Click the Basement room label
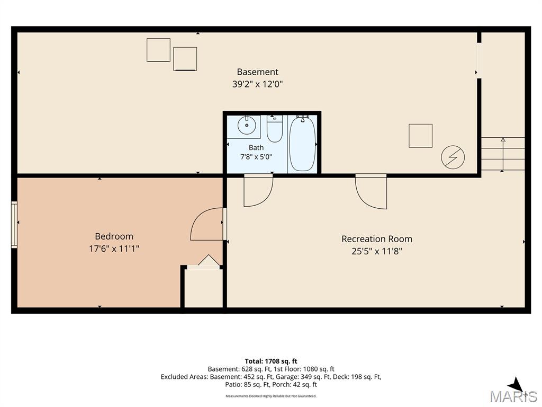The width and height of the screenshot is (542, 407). (x=258, y=72)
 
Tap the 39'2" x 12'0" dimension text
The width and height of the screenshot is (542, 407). (x=258, y=84)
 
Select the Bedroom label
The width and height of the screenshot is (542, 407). (x=114, y=236)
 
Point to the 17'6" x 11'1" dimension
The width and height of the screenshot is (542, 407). (x=114, y=249)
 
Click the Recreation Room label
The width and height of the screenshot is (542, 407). (x=377, y=239)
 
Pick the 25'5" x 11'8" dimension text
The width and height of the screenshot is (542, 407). (x=377, y=251)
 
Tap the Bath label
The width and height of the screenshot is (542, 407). (x=256, y=148)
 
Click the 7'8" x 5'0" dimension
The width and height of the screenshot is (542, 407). (x=256, y=157)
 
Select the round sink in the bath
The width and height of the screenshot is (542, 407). (x=247, y=125)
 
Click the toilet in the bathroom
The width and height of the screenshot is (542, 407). (x=275, y=129)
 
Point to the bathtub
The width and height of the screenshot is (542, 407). (x=302, y=144)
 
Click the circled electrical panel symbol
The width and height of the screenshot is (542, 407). (x=453, y=157)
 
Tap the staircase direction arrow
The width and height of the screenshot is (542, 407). (x=503, y=154)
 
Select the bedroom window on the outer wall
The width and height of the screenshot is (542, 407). (x=14, y=225)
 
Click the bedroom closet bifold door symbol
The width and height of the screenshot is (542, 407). (x=208, y=260)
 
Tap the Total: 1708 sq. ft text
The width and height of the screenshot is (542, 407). (x=271, y=361)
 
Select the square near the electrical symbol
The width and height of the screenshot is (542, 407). (x=420, y=136)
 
